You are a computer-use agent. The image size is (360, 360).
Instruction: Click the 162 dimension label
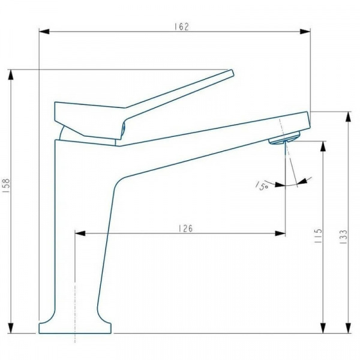coord(181,26)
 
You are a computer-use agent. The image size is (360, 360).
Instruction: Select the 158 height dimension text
coord(7,185)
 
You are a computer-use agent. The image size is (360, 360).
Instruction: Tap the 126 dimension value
coord(186,229)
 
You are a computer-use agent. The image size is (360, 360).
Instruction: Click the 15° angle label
coord(262,185)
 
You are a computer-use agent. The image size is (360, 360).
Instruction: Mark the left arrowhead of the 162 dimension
coord(44,31)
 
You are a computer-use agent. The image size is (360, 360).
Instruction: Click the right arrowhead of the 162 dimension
coord(305,31)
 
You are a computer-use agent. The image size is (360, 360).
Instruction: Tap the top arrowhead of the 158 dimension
coord(11,74)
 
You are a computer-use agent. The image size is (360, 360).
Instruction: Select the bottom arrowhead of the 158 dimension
coord(11,328)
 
